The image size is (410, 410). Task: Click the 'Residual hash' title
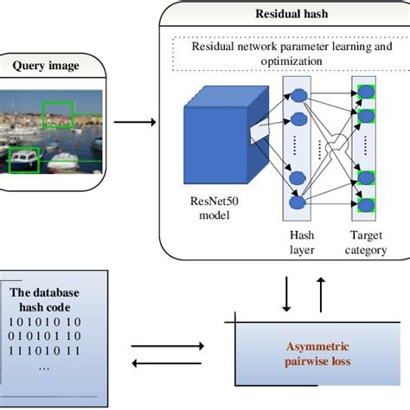click(286, 15)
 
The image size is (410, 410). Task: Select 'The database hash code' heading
click(51, 298)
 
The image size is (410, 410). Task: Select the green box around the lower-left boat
click(22, 157)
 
